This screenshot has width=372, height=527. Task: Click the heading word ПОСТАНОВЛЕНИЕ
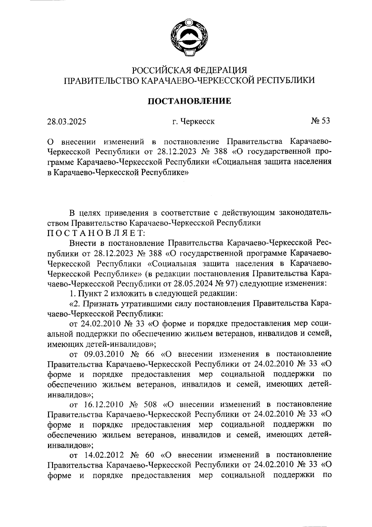189,101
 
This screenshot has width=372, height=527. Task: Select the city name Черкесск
194,122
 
